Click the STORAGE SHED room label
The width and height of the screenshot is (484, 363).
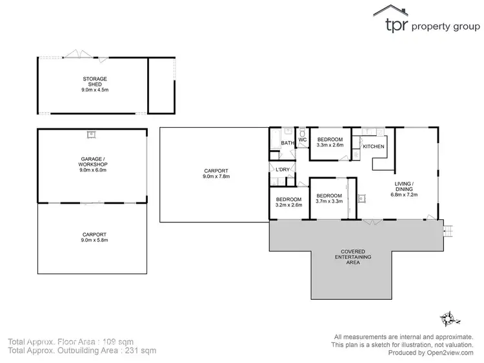click(95, 82)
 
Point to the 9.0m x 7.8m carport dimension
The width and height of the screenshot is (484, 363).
click(216, 176)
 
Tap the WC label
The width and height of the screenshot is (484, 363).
click(302, 139)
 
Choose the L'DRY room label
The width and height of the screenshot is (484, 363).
click(282, 170)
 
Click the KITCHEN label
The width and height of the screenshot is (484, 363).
click(374, 147)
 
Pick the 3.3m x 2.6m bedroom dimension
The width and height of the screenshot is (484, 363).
click(330, 145)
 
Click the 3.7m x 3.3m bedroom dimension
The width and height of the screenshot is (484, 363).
click(329, 201)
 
